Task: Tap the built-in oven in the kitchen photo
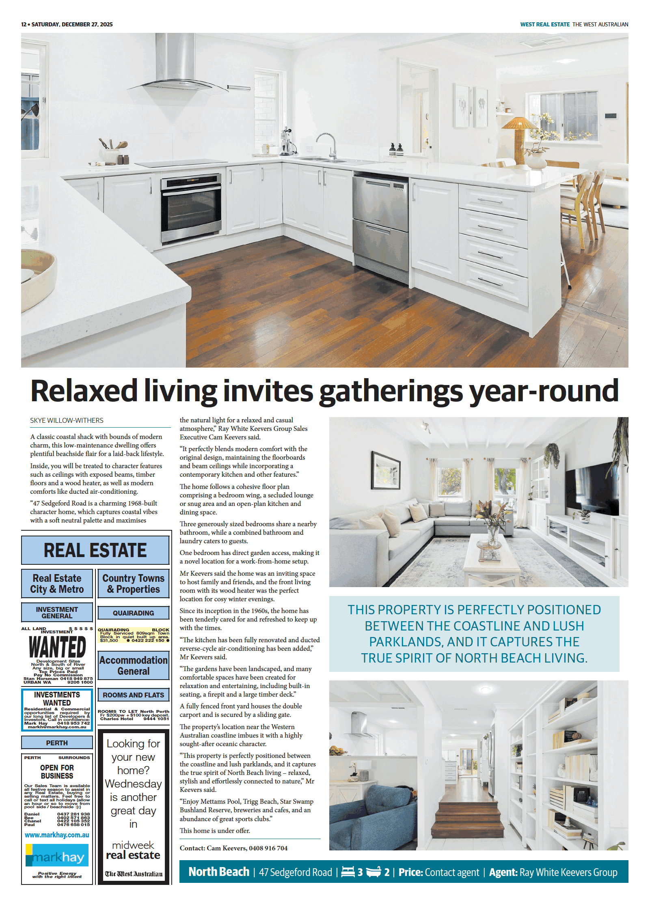coord(191,207)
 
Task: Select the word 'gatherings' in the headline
coord(391,391)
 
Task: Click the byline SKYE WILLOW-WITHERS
coord(67,420)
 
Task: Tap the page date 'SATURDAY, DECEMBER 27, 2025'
coord(72,24)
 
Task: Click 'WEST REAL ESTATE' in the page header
coord(545,24)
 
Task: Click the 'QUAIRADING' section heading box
coord(133,613)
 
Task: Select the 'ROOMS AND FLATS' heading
coord(133,695)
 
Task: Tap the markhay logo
coord(57,855)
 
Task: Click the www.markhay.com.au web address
coord(57,835)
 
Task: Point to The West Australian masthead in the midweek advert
coord(133,874)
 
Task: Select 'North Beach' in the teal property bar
coord(219,872)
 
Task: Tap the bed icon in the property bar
coord(348,872)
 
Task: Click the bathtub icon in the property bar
coord(374,872)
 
